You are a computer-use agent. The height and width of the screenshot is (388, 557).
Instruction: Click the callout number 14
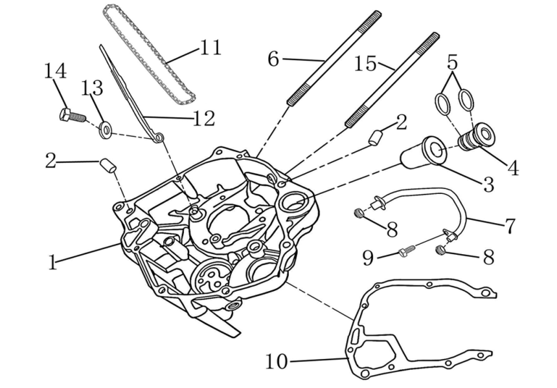(55, 70)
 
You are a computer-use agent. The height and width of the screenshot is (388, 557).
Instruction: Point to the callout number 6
(273, 59)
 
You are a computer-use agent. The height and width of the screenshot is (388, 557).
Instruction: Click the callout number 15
(365, 63)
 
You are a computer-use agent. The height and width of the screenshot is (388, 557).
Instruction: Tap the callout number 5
(452, 62)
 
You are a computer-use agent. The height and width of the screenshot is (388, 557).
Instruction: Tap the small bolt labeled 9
(404, 251)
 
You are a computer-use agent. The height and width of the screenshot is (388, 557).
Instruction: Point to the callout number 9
(368, 259)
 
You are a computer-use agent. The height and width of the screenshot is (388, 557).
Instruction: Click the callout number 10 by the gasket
(277, 361)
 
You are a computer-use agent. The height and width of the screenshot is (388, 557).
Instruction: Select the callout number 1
(52, 262)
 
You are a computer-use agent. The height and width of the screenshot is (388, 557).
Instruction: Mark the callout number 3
(488, 184)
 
